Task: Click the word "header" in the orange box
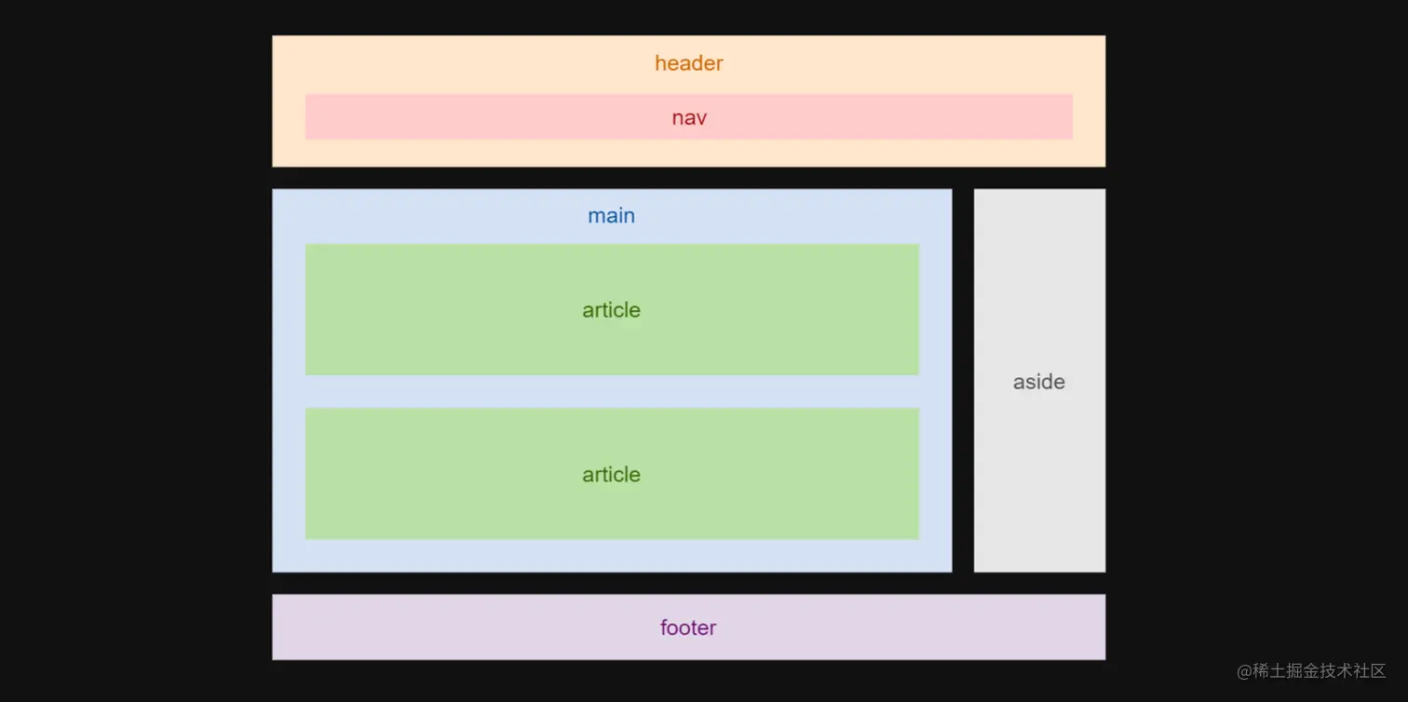click(688, 63)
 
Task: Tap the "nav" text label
click(689, 118)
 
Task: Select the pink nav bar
click(466, 117)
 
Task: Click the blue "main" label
click(611, 216)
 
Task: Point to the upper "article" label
click(611, 310)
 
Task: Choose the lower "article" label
click(611, 475)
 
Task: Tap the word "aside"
click(1038, 382)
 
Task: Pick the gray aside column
click(1039, 279)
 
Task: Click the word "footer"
click(688, 628)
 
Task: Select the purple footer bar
click(466, 628)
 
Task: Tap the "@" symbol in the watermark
click(1244, 671)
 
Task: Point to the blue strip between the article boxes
click(612, 391)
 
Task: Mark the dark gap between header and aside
click(1039, 178)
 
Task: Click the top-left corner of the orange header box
click(274, 37)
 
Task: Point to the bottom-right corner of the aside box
click(1103, 570)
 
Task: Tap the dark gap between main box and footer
click(612, 583)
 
